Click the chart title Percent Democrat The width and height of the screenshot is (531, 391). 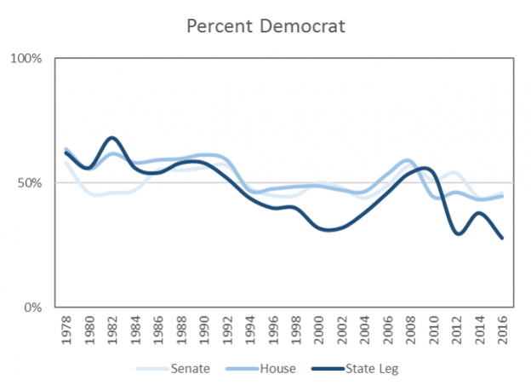pyautogui.click(x=265, y=26)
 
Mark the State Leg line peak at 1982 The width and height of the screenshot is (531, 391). pyautogui.click(x=112, y=137)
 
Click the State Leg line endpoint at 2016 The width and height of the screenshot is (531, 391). pyautogui.click(x=502, y=238)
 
